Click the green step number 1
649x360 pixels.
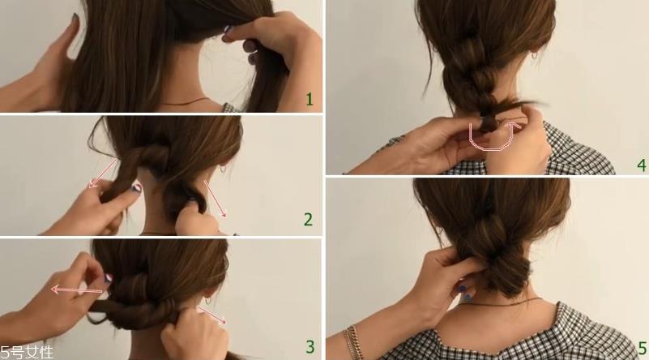pos(310,100)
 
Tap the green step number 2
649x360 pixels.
pos(308,220)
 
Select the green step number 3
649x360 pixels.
pos(310,346)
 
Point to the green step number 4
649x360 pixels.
pos(642,165)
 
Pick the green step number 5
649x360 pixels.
pos(643,348)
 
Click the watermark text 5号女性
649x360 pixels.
pos(27,353)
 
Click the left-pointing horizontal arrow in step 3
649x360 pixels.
pos(77,290)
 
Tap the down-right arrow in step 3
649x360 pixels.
pos(211,315)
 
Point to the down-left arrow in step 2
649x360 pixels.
pos(103,173)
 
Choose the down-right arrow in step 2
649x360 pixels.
pos(216,199)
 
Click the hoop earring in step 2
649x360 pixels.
pos(223,169)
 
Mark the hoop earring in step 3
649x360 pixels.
pos(207,299)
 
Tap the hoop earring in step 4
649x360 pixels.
pos(534,55)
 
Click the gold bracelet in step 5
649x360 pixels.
pos(352,342)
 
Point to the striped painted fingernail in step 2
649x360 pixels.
pos(136,187)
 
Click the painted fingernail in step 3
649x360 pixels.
pos(107,278)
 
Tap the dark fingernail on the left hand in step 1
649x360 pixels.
pos(75,18)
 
